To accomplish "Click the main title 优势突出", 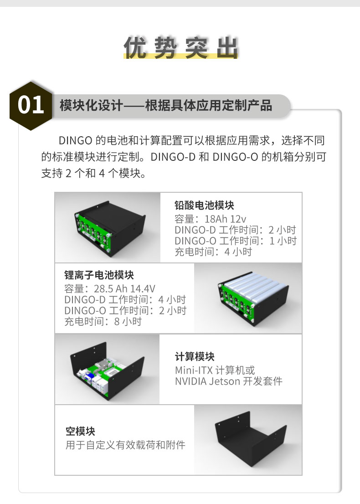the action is click(180, 47).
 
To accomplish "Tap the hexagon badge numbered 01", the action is click(31, 105).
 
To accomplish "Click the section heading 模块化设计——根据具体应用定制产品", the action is click(166, 105).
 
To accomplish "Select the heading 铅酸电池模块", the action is click(205, 205).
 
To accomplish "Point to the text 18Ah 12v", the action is click(225, 219).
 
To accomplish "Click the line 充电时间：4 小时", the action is click(213, 252).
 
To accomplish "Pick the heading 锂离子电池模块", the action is click(99, 275).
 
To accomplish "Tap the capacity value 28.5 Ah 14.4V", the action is click(124, 288).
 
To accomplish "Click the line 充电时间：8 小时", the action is click(103, 321).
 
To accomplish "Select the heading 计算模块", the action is click(195, 356).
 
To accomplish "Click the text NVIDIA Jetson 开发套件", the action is click(229, 381).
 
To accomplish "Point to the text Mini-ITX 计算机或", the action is click(215, 370).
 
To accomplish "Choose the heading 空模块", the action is click(80, 432).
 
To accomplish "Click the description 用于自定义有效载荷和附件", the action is click(125, 445).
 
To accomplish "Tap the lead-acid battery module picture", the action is click(108, 227).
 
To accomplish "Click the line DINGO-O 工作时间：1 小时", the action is click(236, 241).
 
